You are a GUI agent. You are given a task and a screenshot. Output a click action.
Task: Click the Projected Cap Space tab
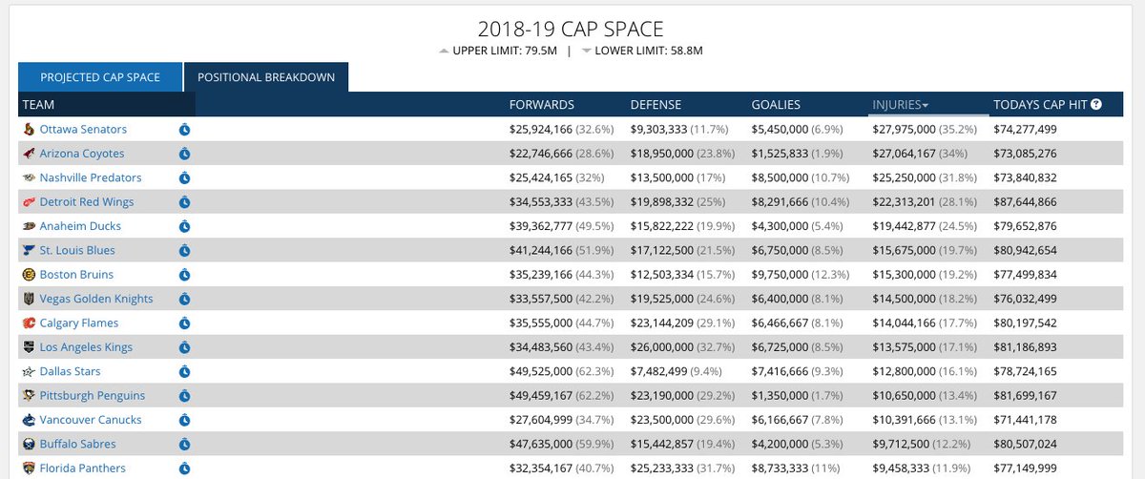99,77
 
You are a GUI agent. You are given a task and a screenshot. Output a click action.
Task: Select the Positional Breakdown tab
265,77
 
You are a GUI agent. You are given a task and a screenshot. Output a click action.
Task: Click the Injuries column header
901,105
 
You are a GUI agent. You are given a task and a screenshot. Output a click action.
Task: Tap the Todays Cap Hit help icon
1096,105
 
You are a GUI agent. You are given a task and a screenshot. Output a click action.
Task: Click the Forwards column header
542,105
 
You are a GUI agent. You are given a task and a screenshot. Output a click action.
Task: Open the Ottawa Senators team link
83,130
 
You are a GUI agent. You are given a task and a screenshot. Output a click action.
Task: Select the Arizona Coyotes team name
82,154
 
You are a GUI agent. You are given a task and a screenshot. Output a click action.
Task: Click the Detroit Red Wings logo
29,202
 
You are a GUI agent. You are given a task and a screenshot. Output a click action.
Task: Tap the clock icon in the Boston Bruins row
185,275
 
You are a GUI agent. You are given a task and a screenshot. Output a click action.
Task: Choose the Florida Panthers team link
82,469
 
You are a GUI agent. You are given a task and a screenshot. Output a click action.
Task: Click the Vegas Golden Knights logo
29,299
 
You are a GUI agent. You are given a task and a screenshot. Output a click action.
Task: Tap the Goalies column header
776,105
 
